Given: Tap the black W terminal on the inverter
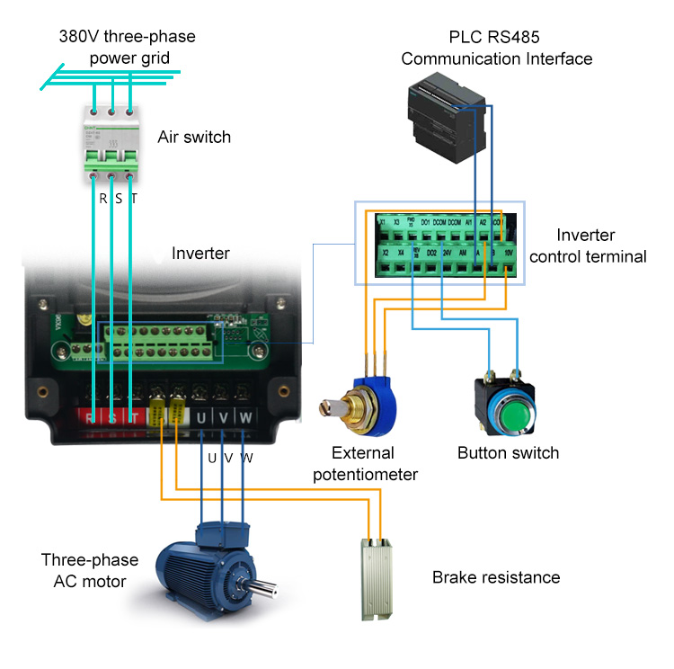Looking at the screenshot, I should pos(245,418).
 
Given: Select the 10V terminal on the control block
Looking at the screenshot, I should pos(509,254).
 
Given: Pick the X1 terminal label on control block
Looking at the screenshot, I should pos(382,222).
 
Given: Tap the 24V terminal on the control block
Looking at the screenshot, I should pos(447,254).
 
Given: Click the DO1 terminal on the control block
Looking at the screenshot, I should pos(425,222).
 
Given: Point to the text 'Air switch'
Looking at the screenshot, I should pos(194,138).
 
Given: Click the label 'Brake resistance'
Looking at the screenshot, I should pos(496,577).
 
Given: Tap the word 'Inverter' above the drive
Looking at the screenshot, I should pos(200,254).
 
